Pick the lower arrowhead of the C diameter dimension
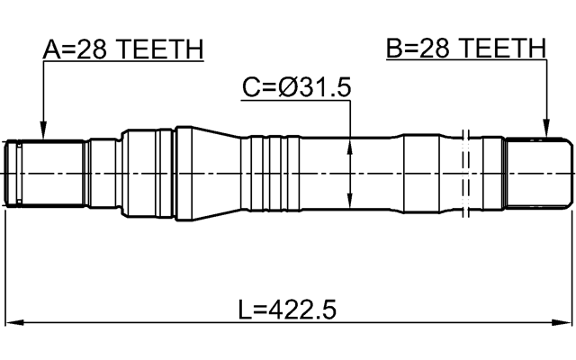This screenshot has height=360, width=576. (349, 202)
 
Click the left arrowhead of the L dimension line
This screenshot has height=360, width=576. (13, 323)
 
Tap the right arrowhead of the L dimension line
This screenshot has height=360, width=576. (566, 323)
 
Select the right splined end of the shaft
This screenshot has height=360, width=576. (537, 171)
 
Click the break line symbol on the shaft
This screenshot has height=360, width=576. (465, 171)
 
